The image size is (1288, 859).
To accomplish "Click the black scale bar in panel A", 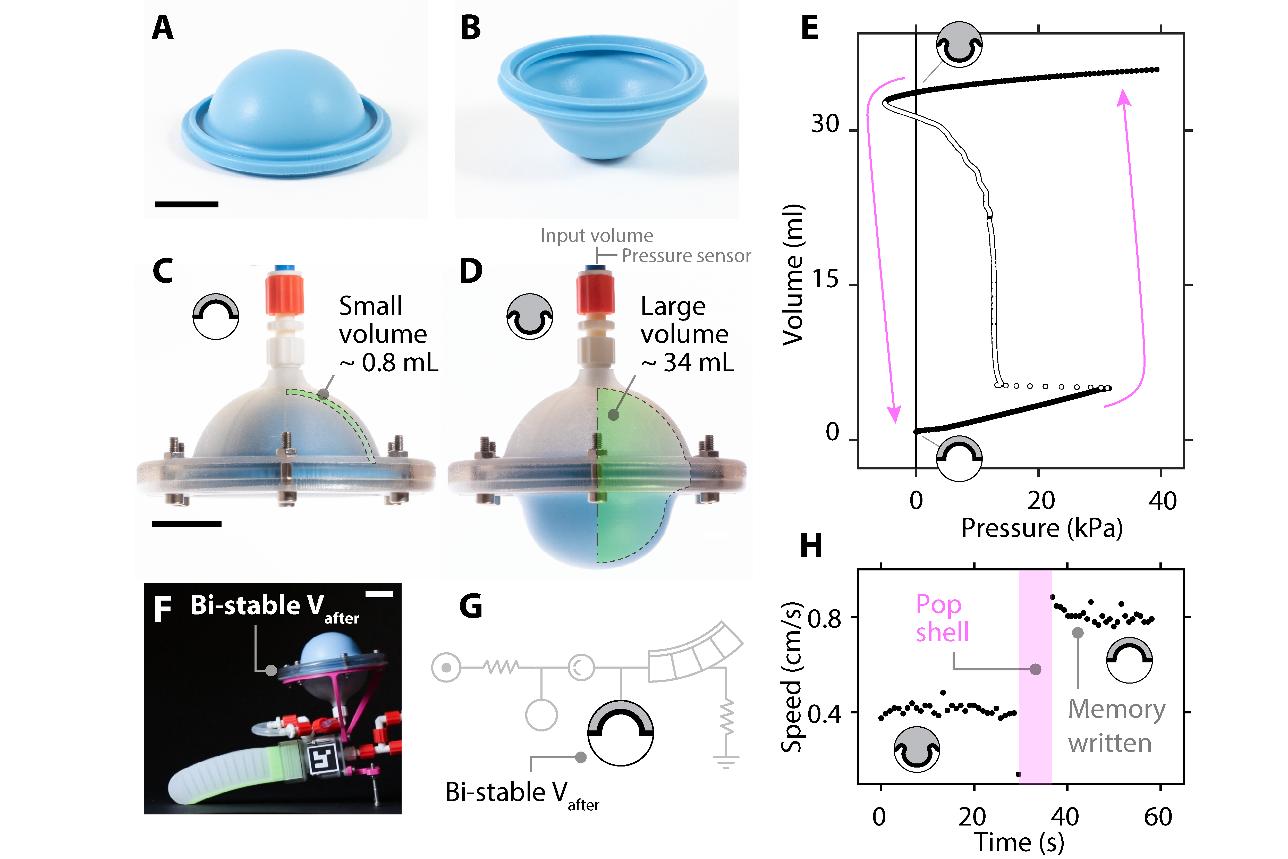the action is coord(187,204).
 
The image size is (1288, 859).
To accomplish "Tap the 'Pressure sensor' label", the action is coord(686,256).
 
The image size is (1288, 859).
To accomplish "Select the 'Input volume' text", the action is coord(597,235).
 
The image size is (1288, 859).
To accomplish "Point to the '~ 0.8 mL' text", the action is coord(389,363).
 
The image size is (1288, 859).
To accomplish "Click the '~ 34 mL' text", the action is coord(688,363).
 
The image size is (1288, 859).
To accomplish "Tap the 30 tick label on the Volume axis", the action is coord(825,124).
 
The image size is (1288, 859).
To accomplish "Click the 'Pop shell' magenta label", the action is coord(942,618).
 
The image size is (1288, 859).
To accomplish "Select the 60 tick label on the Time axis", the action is coord(1158,817).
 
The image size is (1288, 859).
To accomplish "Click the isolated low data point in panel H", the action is coord(1018,774).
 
